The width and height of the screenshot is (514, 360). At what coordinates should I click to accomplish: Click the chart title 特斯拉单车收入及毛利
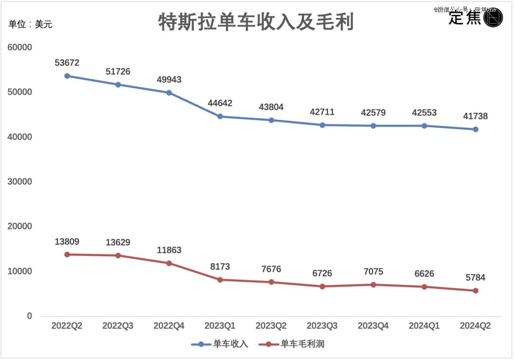[x=256, y=22]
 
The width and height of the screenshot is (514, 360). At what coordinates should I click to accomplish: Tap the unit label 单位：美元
[x=30, y=24]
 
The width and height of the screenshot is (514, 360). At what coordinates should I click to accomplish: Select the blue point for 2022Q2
[x=67, y=76]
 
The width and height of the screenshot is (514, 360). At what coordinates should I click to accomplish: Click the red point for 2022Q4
[x=169, y=263]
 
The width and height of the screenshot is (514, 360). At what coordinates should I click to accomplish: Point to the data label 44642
[x=220, y=103]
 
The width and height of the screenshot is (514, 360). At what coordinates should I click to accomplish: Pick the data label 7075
[x=373, y=272]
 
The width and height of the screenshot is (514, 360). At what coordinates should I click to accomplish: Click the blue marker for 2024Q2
[x=475, y=129]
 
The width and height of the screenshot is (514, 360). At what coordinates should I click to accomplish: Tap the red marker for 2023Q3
[x=322, y=286]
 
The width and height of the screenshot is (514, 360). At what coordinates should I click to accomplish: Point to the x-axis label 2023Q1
[x=220, y=326]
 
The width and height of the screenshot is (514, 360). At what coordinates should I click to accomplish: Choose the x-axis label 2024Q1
[x=424, y=326]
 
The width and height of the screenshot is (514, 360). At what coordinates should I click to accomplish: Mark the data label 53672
[x=67, y=63]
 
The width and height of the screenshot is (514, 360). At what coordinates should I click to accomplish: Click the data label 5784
[x=475, y=278]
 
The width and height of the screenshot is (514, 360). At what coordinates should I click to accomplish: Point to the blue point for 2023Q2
[x=271, y=120]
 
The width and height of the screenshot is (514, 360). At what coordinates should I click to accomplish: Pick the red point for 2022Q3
[x=118, y=255]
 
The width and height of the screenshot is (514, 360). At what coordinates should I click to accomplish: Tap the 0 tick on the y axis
[x=29, y=316]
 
